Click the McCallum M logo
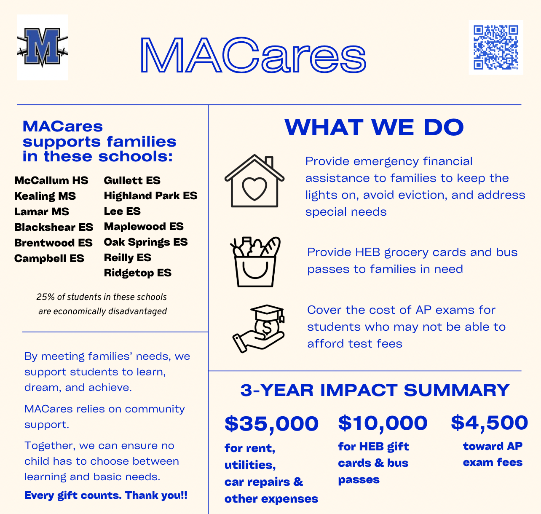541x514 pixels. pos(42,47)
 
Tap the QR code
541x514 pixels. pos(495,47)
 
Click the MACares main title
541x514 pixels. pos(253,55)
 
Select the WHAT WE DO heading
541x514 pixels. pos(374,127)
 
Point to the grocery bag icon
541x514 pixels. pos(255,262)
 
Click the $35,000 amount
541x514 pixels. pos(271,424)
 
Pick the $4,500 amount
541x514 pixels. pos(489,423)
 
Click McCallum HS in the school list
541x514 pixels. pos(51,181)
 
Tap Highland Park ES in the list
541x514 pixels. pos(150,196)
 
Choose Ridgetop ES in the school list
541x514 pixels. pos(138,273)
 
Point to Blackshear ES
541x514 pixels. pos(54,228)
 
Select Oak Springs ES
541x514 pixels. pos(146,242)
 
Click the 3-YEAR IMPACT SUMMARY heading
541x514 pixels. pos(375,391)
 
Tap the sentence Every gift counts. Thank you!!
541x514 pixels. pos(106,495)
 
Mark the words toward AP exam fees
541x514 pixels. pos(493,454)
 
